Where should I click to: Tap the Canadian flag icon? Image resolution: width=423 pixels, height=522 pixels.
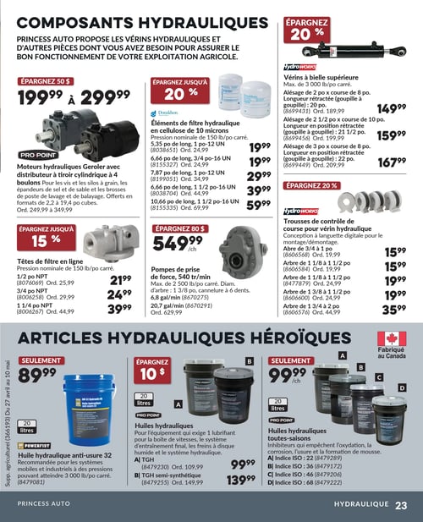pos(393,339)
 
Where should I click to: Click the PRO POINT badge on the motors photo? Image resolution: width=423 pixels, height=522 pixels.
pos(39,156)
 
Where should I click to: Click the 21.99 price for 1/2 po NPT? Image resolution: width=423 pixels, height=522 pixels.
pos(120,280)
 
